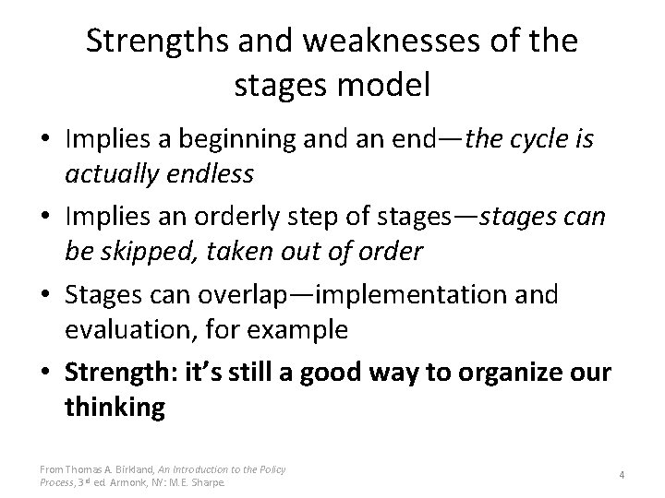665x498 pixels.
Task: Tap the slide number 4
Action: [x=622, y=474]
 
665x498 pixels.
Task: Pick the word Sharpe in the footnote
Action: [x=212, y=480]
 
